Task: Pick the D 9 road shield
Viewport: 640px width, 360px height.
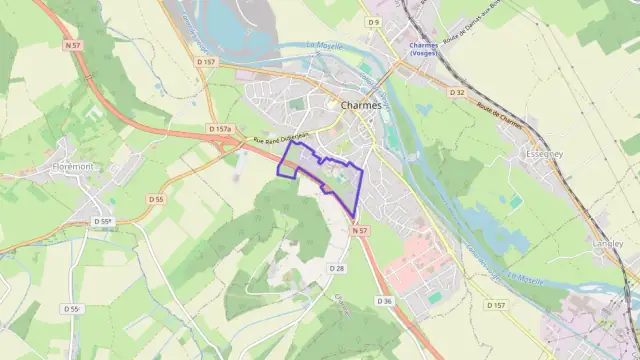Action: tap(373, 21)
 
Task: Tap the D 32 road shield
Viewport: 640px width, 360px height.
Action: tap(458, 92)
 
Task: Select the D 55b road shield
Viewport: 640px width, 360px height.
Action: tap(103, 221)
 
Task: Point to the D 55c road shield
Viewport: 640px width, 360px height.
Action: tap(72, 309)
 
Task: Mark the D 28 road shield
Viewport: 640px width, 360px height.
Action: tap(337, 268)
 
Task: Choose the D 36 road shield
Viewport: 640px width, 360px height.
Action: tap(384, 300)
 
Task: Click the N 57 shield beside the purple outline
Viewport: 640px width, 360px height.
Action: tap(361, 231)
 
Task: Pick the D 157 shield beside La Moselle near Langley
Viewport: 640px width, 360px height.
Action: tap(495, 304)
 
